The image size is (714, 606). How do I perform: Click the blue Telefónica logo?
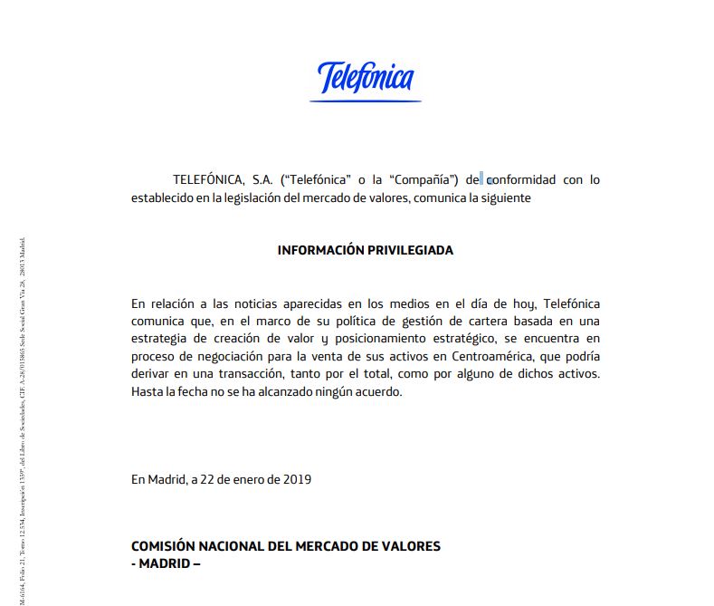pyautogui.click(x=366, y=79)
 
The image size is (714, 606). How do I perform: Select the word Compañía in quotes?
pyautogui.click(x=422, y=179)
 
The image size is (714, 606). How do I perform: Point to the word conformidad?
pyautogui.click(x=521, y=179)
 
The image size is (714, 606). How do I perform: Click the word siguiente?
pyautogui.click(x=500, y=197)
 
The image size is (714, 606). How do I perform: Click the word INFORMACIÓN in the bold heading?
pyautogui.click(x=322, y=250)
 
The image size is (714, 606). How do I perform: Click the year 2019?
pyautogui.click(x=297, y=480)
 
